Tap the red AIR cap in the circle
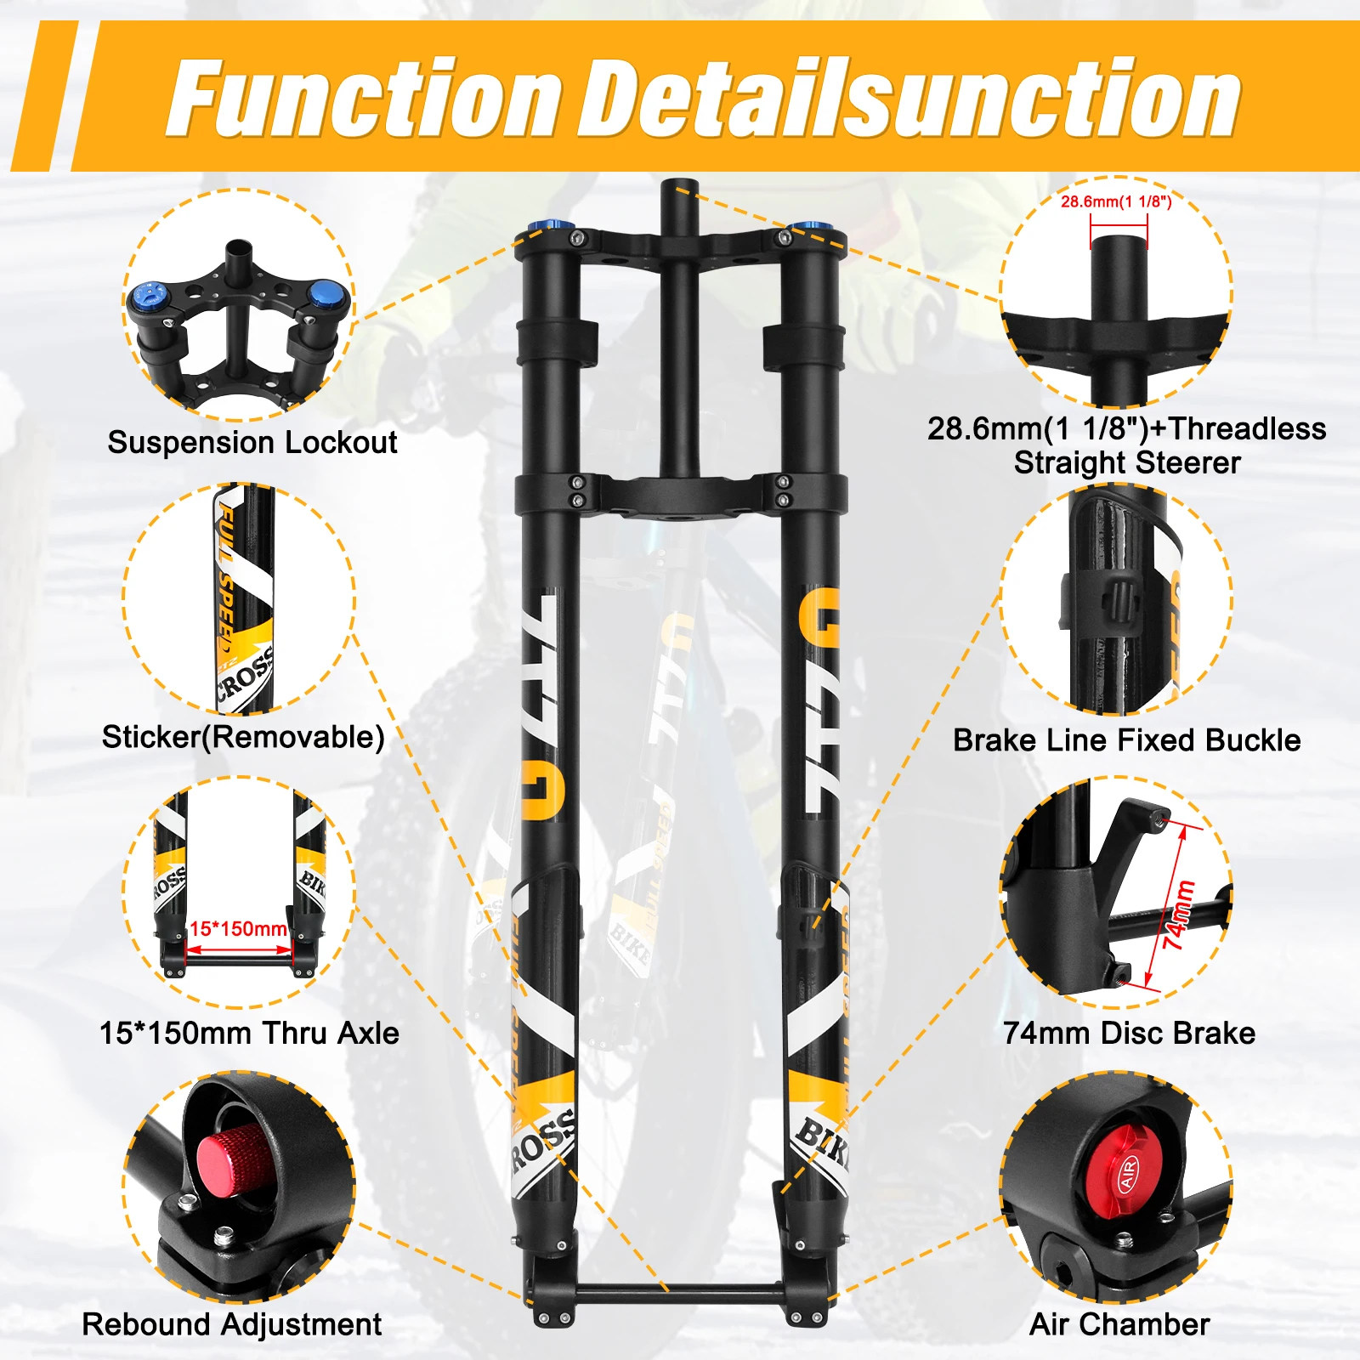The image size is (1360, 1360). (x=1128, y=1172)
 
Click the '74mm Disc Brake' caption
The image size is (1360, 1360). (x=1128, y=1033)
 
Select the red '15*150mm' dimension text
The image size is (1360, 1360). (x=238, y=928)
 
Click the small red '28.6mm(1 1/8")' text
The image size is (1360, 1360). (x=1116, y=201)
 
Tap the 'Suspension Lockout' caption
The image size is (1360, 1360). (x=252, y=442)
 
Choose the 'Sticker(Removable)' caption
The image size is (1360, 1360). (x=243, y=736)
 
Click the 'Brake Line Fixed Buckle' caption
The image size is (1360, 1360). (x=1126, y=739)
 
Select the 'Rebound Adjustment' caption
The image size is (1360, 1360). (x=231, y=1324)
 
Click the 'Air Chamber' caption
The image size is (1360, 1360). (x=1119, y=1324)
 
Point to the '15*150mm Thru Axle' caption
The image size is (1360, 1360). (x=249, y=1033)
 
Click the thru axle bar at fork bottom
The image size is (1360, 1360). (x=680, y=1295)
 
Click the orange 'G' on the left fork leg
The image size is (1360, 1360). (x=543, y=790)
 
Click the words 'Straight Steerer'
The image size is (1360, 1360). (x=1126, y=463)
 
